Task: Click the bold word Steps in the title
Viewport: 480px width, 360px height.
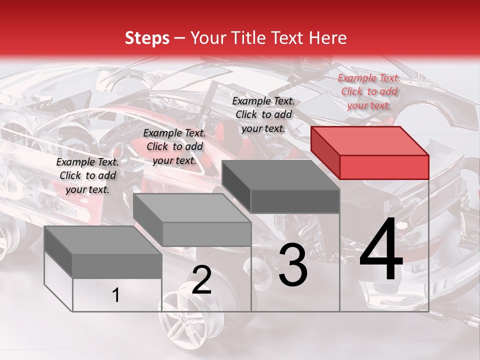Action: click(147, 38)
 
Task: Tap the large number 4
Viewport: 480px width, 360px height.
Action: click(381, 251)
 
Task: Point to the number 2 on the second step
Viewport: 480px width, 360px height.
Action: click(201, 280)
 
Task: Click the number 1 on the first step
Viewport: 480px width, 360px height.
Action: click(116, 295)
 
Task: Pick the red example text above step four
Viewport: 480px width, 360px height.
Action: click(369, 91)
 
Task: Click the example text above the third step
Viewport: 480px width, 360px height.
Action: click(263, 114)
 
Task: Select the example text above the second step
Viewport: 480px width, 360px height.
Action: click(174, 146)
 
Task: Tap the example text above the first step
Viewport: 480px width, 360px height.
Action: click(87, 175)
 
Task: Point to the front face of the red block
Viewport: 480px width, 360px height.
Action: click(384, 167)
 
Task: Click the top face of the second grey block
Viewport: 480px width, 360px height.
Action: click(192, 207)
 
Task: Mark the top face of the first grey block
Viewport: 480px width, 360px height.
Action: click(103, 240)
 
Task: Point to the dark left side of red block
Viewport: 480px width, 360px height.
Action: click(325, 152)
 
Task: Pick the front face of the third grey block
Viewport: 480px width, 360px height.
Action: click(295, 201)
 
